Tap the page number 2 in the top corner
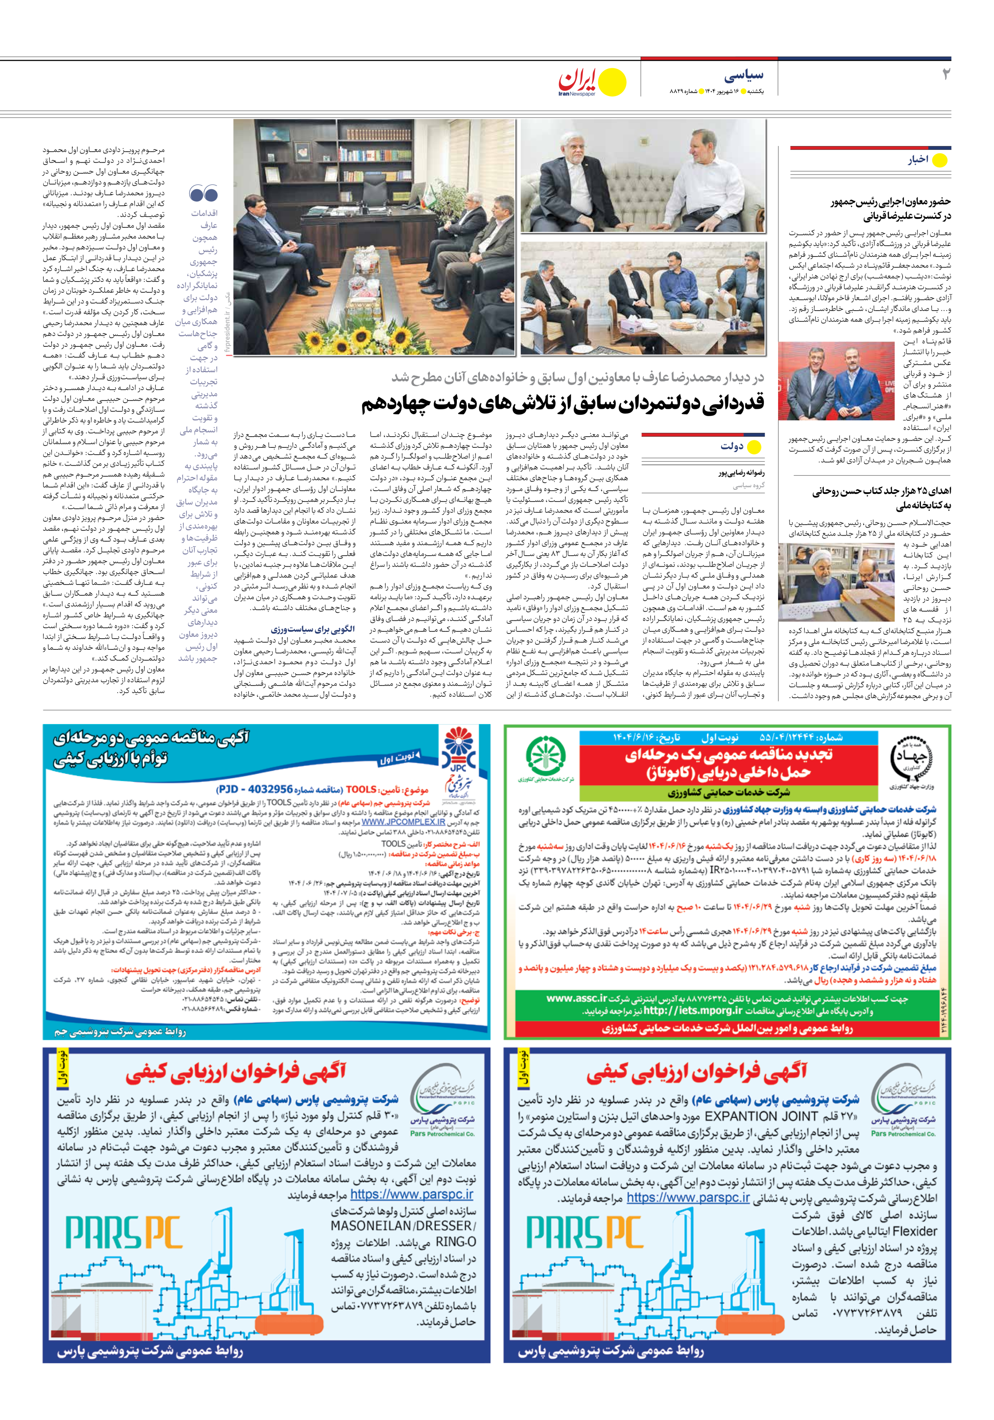point(945,74)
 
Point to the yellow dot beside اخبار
point(939,161)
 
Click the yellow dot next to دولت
point(754,447)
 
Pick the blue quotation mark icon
point(204,194)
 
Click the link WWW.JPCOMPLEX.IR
point(403,822)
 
